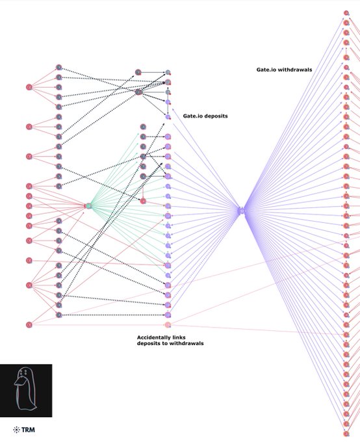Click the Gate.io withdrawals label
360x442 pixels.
284,70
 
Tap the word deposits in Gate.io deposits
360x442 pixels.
216,116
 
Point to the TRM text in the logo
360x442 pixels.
28,430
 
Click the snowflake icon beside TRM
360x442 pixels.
16,430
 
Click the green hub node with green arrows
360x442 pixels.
88,206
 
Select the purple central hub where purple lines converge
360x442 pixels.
241,211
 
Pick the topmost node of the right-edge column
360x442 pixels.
346,13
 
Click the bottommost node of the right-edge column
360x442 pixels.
346,434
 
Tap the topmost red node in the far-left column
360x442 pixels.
29,87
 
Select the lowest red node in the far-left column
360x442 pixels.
29,325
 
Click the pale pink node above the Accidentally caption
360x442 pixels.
168,325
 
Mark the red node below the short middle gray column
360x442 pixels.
143,201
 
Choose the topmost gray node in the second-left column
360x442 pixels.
58,68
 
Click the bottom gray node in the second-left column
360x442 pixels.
58,315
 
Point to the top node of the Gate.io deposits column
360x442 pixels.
168,72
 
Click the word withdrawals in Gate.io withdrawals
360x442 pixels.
295,70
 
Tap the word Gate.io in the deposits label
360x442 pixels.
193,116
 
